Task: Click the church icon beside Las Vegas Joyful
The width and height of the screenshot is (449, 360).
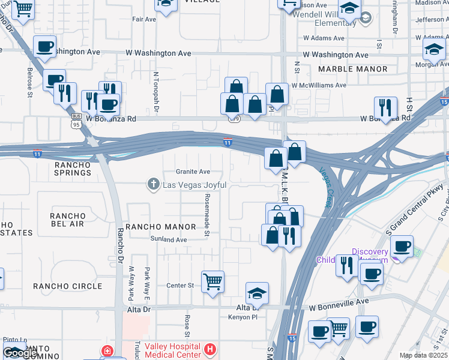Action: (154, 185)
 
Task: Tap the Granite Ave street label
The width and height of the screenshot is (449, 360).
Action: (193, 172)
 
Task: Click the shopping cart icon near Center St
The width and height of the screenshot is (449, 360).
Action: (212, 281)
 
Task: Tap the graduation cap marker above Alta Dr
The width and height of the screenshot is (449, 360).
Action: (257, 293)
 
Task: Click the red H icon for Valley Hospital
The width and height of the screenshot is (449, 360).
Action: (210, 349)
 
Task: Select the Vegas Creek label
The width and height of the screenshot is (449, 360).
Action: (325, 187)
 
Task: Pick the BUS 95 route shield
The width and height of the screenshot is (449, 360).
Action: (76, 121)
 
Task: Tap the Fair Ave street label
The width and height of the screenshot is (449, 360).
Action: (144, 19)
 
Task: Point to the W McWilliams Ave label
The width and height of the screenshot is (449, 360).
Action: (319, 85)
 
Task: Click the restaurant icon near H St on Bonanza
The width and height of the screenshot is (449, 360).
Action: (385, 107)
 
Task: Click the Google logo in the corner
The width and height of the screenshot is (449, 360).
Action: (20, 353)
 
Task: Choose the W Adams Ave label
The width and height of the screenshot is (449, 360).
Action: (324, 38)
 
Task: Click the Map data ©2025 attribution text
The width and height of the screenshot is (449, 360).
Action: (423, 355)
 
